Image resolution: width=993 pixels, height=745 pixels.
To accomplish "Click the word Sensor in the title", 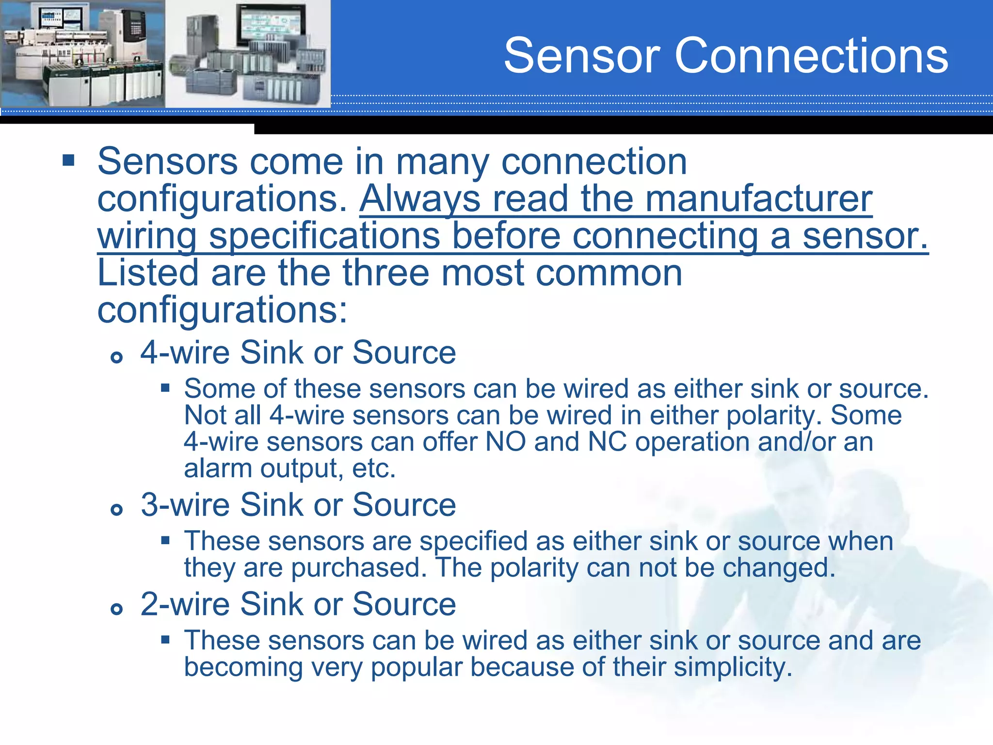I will point(581,56).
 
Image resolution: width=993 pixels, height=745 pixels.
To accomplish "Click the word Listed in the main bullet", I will point(147,273).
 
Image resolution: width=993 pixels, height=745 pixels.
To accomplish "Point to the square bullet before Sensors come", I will point(68,161).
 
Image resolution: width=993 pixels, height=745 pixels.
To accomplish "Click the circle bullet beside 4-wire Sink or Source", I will point(116,358).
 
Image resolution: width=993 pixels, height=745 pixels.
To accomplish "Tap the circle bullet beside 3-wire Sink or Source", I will point(116,510).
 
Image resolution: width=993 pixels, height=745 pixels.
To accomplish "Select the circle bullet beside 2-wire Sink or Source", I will point(116,609).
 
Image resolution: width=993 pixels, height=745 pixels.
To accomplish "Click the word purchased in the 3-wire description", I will point(359,567).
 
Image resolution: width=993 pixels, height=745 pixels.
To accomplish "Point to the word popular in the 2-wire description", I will point(416,667).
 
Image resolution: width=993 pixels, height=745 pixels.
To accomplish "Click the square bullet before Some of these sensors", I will point(166,388).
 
